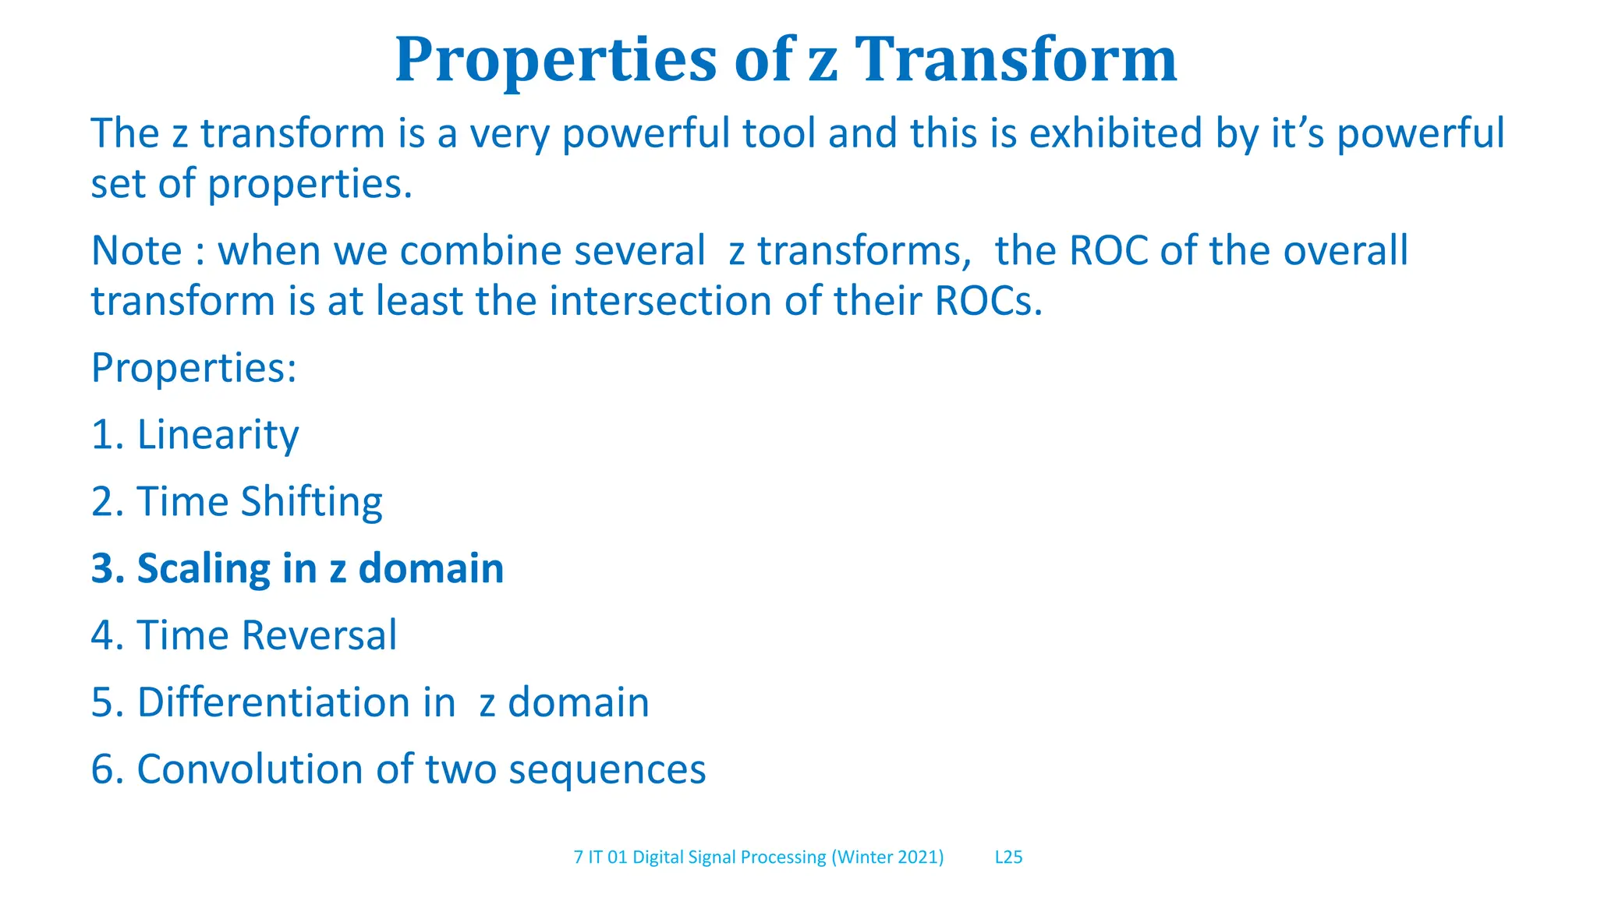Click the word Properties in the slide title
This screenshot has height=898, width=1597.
click(x=555, y=61)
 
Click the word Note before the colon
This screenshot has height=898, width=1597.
click(x=136, y=251)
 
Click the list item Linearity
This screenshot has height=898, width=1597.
click(x=218, y=434)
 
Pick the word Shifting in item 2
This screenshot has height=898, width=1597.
click(x=311, y=501)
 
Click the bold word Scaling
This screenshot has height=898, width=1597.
click(x=204, y=568)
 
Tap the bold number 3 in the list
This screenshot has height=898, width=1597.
click(x=102, y=568)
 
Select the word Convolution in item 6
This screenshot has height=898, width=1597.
click(x=250, y=769)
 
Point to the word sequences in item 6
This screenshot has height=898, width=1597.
click(x=607, y=770)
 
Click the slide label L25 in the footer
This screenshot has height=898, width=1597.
click(x=1008, y=857)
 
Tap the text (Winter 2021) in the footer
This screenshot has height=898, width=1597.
click(x=887, y=857)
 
